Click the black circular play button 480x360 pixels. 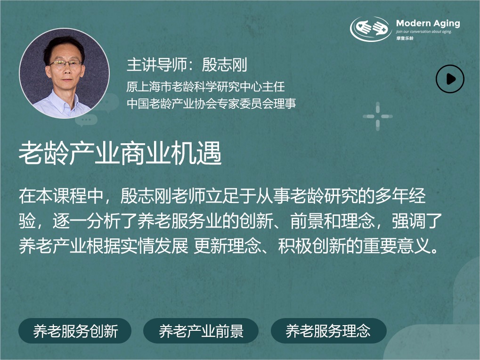[x=450, y=79]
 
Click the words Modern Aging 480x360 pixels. [x=428, y=24]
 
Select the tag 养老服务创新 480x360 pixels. [x=75, y=331]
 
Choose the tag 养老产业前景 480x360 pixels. [x=201, y=331]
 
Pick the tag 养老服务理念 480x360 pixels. [x=328, y=331]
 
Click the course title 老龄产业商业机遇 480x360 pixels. [x=120, y=153]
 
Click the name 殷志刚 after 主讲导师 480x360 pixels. [x=224, y=65]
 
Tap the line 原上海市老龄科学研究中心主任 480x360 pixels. [x=205, y=87]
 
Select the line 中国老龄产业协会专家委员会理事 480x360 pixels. [x=211, y=104]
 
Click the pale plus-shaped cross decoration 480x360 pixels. [x=377, y=116]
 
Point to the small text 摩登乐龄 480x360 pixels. [x=405, y=38]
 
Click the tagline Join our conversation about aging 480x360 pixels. [x=423, y=32]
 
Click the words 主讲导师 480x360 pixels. [x=156, y=65]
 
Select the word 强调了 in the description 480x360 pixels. [x=417, y=221]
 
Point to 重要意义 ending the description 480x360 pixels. [x=397, y=246]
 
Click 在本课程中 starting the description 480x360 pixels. [x=61, y=196]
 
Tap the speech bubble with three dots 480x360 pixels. [x=86, y=120]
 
